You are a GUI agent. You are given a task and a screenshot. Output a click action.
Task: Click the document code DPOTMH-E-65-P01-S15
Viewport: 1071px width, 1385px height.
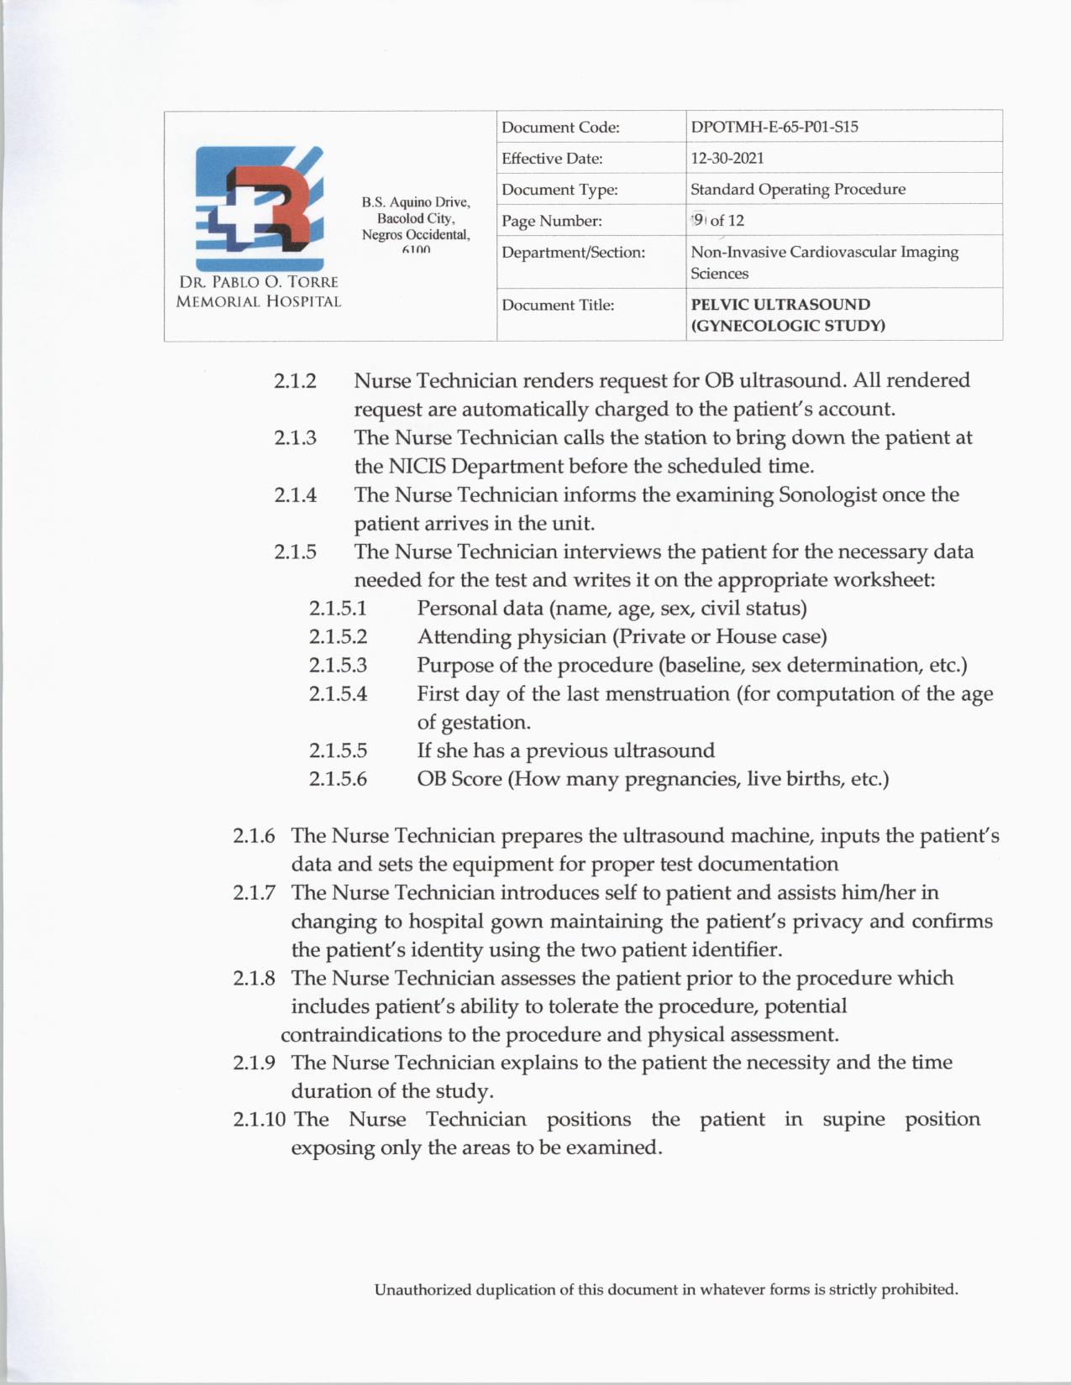pos(774,128)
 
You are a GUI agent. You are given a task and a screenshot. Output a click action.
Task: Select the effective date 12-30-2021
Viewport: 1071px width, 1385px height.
pos(727,159)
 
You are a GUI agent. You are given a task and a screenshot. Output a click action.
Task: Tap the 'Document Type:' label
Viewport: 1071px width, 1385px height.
pos(559,190)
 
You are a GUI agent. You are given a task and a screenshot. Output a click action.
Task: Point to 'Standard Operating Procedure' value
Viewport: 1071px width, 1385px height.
pos(797,190)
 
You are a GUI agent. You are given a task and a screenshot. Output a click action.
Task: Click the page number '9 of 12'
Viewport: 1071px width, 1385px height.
pos(718,221)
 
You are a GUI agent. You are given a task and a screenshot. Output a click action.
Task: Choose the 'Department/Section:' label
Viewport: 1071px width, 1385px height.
pos(573,252)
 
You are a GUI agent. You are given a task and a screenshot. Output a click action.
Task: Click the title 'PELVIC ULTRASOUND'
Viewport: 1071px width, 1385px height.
pos(780,305)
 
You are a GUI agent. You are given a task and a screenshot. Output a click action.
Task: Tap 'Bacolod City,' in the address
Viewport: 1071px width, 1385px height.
pos(416,218)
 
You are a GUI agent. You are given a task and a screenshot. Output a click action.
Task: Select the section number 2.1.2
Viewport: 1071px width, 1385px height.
pos(295,381)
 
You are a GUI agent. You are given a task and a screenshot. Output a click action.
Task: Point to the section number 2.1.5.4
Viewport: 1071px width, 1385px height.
pos(338,694)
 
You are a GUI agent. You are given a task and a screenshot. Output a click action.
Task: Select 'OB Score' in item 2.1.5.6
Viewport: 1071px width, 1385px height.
pos(459,779)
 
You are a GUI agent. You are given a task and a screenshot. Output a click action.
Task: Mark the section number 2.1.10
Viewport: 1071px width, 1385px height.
pos(260,1120)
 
